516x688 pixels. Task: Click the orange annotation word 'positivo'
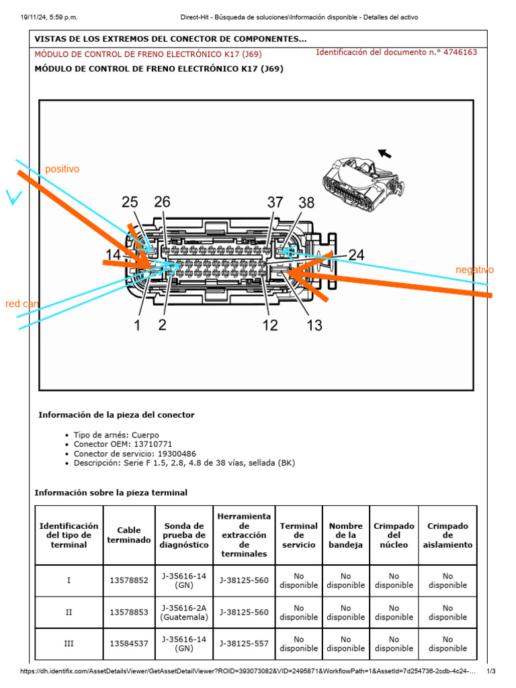tap(62, 169)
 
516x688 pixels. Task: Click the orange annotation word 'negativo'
tap(474, 270)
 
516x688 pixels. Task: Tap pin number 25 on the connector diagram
tap(130, 202)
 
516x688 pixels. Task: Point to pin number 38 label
tap(306, 202)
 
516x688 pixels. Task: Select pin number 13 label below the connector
tap(314, 326)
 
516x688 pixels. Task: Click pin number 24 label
tap(356, 255)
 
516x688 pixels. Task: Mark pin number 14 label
tap(114, 255)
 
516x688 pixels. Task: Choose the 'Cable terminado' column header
tap(129, 535)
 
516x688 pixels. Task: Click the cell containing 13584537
tap(129, 644)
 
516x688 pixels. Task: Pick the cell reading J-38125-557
tap(244, 644)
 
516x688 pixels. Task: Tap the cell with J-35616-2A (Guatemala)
tap(184, 612)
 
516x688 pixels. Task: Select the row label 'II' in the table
tap(69, 612)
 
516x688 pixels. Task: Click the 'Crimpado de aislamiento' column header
tap(447, 535)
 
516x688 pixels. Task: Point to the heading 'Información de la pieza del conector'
tap(116, 415)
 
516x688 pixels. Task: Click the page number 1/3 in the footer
tap(490, 671)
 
